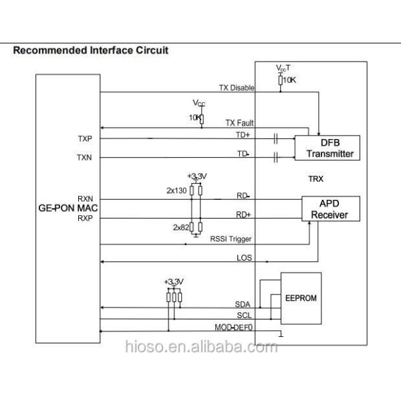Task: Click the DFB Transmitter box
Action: click(x=327, y=147)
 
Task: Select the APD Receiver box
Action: click(x=331, y=209)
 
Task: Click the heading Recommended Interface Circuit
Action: click(x=91, y=50)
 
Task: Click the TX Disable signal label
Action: click(x=235, y=88)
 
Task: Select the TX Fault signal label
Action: click(x=239, y=123)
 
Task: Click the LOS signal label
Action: click(x=244, y=257)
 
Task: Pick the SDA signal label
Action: click(x=243, y=303)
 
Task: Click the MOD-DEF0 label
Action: click(x=233, y=327)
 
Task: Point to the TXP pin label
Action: click(x=85, y=138)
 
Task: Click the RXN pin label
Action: click(x=85, y=198)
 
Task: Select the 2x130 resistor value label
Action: click(x=176, y=190)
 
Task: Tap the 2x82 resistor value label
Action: click(x=180, y=227)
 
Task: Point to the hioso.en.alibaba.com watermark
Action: click(x=200, y=347)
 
